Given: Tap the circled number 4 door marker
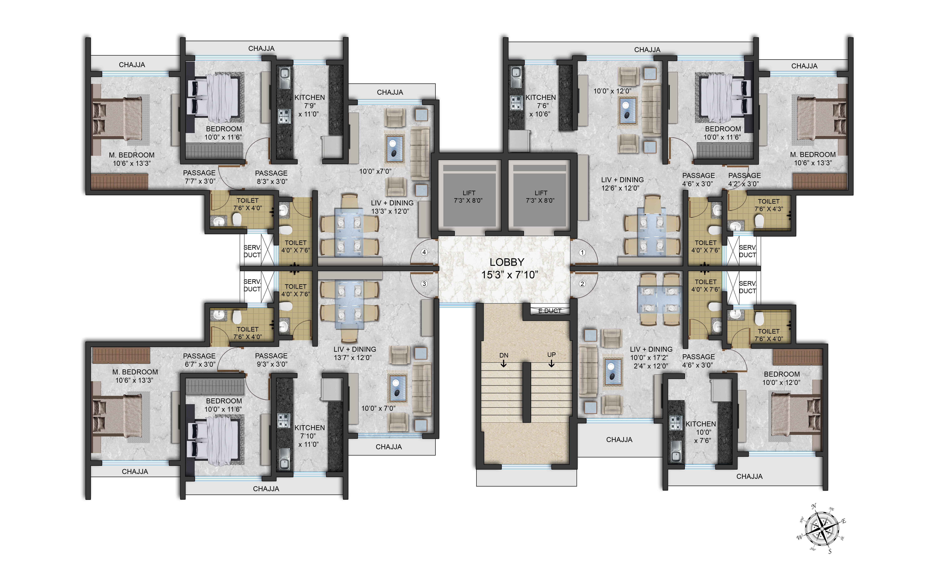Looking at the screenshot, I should coord(424,252).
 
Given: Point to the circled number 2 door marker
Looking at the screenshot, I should coord(582,283).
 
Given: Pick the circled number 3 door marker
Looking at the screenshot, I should coord(424,283).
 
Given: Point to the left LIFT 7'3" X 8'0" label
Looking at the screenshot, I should coord(468,196).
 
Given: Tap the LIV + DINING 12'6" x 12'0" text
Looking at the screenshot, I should coord(622,184).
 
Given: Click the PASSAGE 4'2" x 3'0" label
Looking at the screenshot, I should coord(744,179).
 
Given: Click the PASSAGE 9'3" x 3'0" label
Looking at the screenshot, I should coord(271,360).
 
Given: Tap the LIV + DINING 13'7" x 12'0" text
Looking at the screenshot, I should coord(354,353).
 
